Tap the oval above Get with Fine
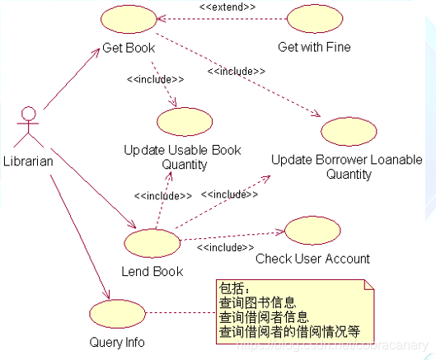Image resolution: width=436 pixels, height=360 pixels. (x=314, y=21)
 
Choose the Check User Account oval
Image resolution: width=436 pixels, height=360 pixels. (x=312, y=231)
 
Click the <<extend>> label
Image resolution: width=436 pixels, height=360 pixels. (x=227, y=7)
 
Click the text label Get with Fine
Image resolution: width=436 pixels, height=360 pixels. (x=314, y=47)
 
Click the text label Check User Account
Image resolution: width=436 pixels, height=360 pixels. (x=312, y=259)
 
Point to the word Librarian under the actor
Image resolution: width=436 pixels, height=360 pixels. (x=28, y=161)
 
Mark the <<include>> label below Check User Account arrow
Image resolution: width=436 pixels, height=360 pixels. (x=225, y=246)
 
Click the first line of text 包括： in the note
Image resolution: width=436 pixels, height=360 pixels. (x=234, y=288)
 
